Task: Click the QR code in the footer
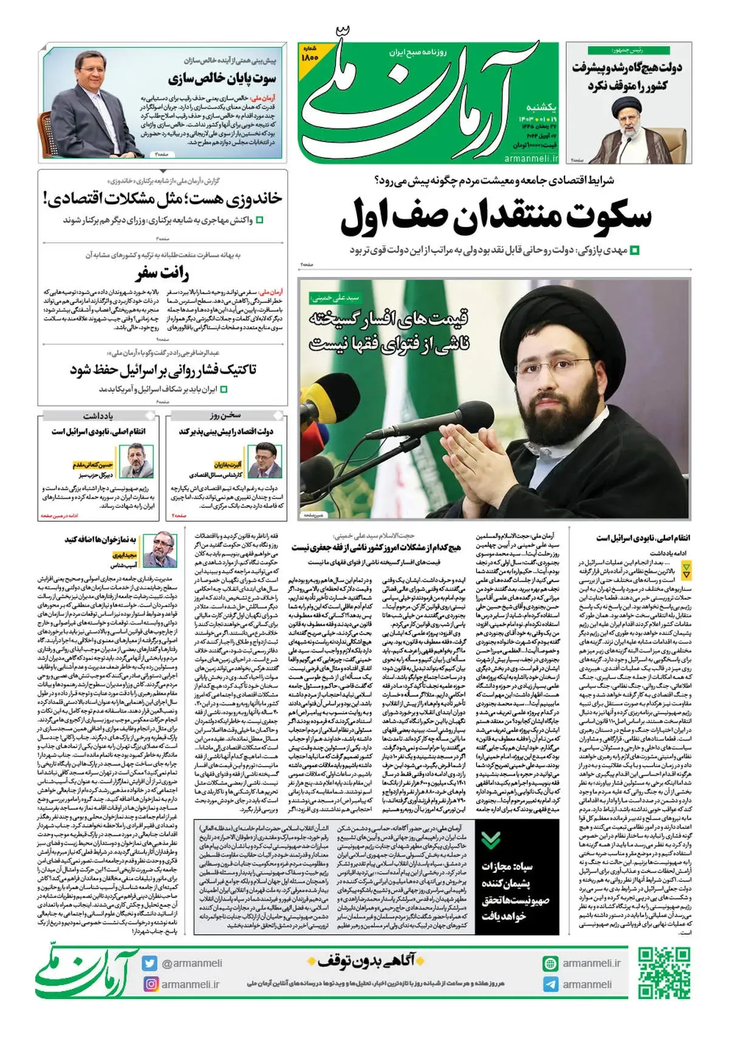pos(664,972)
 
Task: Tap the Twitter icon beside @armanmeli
pos(149,963)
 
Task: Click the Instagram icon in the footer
pos(149,983)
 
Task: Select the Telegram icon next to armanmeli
pos(550,984)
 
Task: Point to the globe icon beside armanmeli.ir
pos(550,963)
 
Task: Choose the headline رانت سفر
pos(162,272)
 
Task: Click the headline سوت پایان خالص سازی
pos(222,79)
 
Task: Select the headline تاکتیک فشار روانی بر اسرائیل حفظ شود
pos(163,370)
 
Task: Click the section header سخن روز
pos(226,415)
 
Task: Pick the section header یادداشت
pos(98,415)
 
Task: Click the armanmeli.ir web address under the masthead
pos(531,158)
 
